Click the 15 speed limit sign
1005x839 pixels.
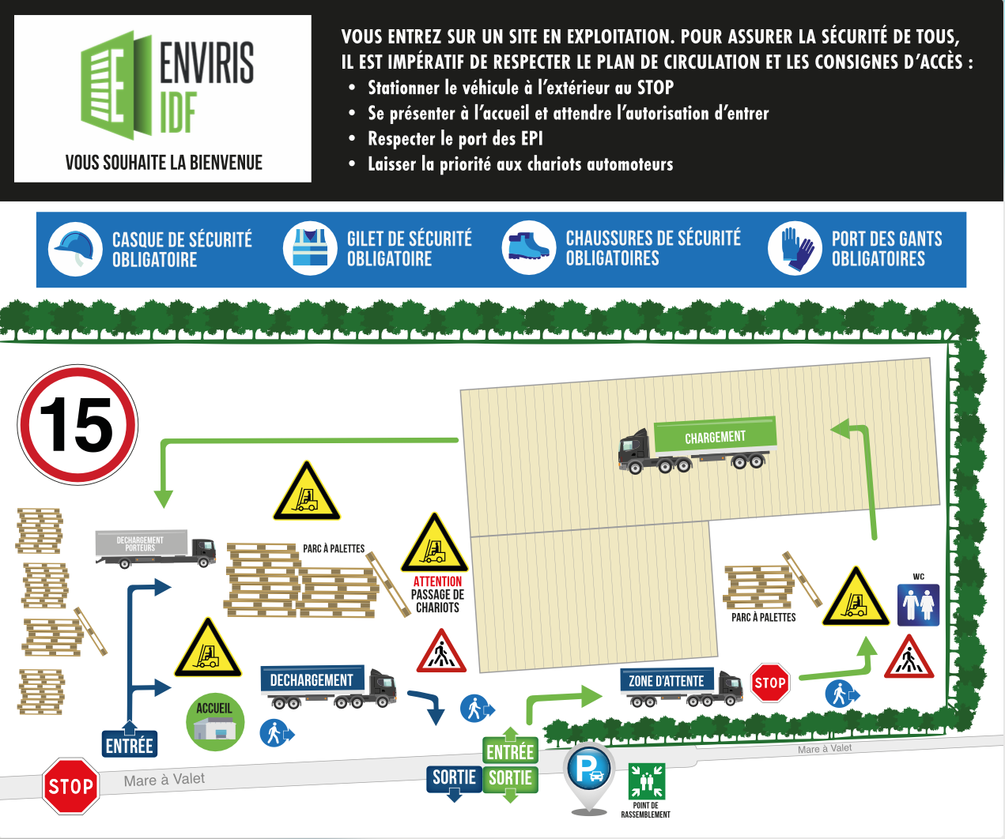click(x=77, y=424)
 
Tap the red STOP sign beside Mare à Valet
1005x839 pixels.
click(x=71, y=786)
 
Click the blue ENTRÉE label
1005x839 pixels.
click(x=130, y=745)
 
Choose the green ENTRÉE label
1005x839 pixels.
click(x=510, y=751)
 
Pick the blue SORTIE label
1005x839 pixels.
click(x=454, y=778)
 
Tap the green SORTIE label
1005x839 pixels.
click(x=510, y=778)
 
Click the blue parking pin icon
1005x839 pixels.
click(x=589, y=770)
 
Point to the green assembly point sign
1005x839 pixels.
click(x=647, y=781)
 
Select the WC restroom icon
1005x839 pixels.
click(x=918, y=604)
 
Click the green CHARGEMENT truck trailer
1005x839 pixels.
click(x=715, y=437)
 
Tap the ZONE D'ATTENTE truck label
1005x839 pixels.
click(x=667, y=681)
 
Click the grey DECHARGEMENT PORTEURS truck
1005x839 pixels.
click(x=155, y=547)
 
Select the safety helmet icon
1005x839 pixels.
click(x=75, y=248)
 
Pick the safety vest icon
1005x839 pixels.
click(x=310, y=248)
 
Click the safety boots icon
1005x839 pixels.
click(x=528, y=248)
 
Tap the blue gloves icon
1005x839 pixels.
click(x=795, y=248)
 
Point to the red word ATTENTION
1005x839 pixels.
click(x=437, y=581)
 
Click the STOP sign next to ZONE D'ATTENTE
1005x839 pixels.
click(x=770, y=683)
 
